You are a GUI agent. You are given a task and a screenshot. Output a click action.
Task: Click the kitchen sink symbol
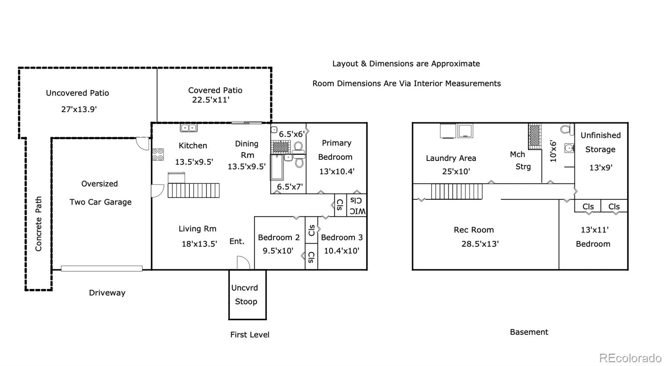[189, 128]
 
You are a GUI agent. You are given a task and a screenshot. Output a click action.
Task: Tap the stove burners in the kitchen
[158, 154]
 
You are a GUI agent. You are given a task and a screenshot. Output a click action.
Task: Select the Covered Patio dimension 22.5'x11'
[211, 100]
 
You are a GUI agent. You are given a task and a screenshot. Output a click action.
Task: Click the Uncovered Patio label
[77, 93]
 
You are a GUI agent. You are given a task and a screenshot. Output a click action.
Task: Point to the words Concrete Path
[38, 224]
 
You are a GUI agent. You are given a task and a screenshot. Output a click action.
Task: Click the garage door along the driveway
[102, 268]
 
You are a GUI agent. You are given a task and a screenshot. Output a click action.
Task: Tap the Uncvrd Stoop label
[246, 294]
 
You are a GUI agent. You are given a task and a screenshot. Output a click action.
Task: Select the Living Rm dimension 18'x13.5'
[199, 244]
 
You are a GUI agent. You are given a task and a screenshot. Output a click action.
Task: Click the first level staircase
[194, 190]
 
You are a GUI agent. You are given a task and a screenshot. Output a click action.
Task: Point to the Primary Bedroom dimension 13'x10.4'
[337, 171]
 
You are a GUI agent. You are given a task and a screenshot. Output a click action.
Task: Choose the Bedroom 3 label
[342, 238]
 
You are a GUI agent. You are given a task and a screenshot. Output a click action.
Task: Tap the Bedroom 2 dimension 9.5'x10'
[278, 251]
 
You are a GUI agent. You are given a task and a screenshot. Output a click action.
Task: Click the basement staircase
[457, 192]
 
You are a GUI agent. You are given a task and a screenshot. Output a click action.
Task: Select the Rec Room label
[474, 230]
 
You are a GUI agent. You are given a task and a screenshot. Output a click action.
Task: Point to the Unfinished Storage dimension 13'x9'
[601, 168]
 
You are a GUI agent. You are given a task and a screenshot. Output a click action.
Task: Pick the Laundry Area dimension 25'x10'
[456, 171]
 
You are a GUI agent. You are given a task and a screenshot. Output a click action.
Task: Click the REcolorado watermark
[630, 358]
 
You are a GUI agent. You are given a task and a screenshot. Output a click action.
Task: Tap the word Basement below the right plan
[529, 332]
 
